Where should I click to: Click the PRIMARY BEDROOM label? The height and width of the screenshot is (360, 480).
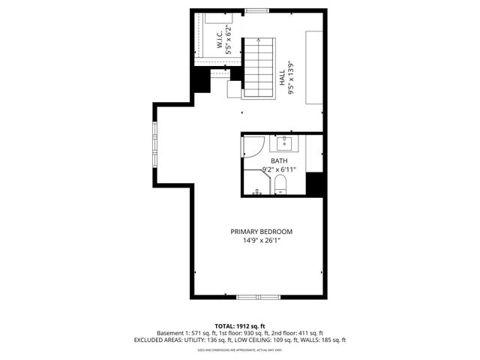coord(261,231)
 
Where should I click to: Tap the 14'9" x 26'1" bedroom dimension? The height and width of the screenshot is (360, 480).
coord(261,241)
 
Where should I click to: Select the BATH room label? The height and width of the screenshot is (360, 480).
coord(279,161)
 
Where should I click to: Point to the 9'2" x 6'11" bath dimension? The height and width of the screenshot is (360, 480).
coord(279,170)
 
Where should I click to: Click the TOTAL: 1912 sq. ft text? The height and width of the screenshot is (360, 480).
coord(240,325)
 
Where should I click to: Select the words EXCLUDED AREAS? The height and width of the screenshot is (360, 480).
coord(160,340)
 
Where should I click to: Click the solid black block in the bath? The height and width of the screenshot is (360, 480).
coord(314,184)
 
